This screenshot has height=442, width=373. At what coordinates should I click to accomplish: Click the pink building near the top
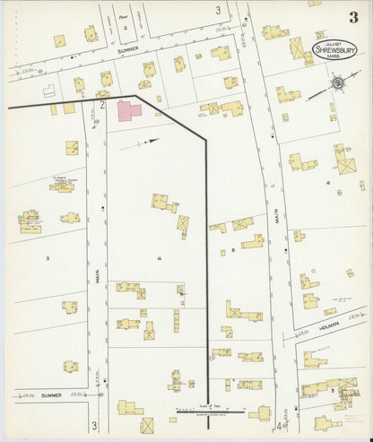[129, 111]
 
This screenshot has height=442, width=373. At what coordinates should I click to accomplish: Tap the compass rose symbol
[338, 85]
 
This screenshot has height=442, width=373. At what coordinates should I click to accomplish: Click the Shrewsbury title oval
[335, 51]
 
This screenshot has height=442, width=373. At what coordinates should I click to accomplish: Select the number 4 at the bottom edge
[279, 426]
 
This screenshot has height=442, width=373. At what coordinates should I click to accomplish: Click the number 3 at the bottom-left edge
[92, 425]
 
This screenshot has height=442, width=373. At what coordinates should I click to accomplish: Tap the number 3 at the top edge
[217, 10]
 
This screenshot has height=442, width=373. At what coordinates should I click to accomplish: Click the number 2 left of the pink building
[103, 106]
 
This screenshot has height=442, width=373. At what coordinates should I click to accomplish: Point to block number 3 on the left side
[48, 256]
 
